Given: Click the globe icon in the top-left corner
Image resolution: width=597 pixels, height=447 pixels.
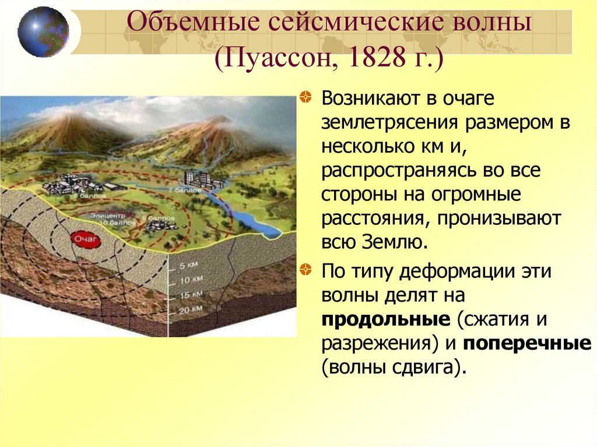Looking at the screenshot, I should tap(43, 31).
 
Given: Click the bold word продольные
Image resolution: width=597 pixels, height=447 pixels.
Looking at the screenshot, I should tap(385, 319).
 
